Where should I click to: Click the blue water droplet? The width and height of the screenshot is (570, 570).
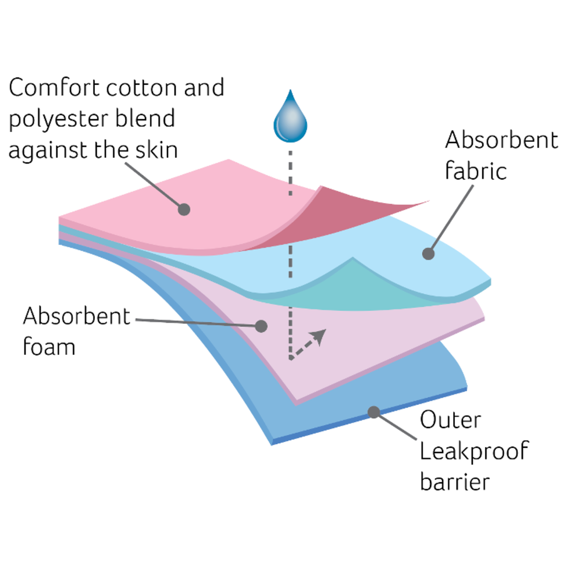coord(290,118)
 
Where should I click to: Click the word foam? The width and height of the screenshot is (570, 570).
coord(49,347)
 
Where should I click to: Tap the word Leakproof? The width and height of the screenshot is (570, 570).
coord(473,451)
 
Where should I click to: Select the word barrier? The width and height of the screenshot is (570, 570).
coord(455,482)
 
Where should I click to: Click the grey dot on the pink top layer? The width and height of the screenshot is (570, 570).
coord(184,209)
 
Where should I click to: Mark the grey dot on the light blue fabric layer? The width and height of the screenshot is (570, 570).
coord(429,254)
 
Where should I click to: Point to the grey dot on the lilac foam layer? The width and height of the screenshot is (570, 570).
coord(261,326)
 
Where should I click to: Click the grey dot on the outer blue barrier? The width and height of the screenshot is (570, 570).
coord(373,412)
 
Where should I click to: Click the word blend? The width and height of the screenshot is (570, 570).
coord(149,119)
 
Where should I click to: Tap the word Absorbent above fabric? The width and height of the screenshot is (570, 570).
coord(501,141)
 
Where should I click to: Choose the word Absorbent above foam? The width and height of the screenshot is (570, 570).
coord(76,317)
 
